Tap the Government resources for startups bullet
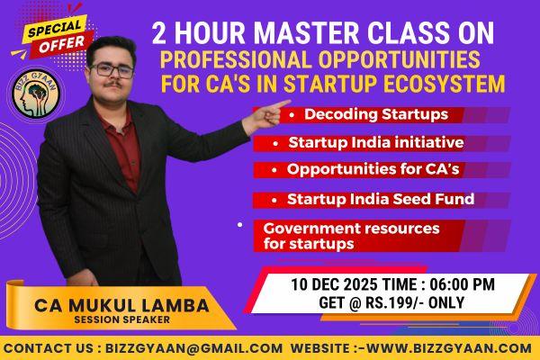(x=346, y=236)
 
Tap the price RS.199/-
(x=395, y=302)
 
